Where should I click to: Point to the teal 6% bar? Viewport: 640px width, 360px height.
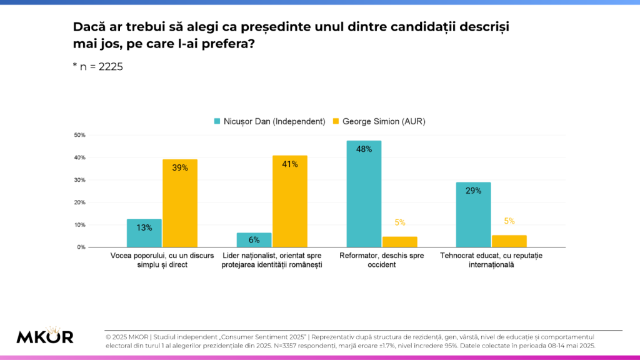click(x=254, y=240)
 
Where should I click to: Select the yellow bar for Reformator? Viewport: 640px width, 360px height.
click(x=400, y=242)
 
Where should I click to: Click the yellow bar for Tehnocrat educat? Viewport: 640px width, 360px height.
click(x=509, y=241)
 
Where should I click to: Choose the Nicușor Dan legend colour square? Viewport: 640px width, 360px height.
click(x=217, y=121)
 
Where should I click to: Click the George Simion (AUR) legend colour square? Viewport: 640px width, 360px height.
click(x=335, y=121)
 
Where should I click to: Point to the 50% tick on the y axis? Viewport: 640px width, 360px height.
click(x=79, y=135)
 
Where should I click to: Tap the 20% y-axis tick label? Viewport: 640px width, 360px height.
click(x=79, y=202)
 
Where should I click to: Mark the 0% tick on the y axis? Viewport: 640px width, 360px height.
click(x=81, y=247)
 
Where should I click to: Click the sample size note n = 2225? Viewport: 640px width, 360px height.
click(x=98, y=67)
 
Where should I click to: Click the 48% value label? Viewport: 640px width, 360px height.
click(x=364, y=149)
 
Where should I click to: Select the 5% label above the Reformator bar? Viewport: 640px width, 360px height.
click(x=400, y=222)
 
